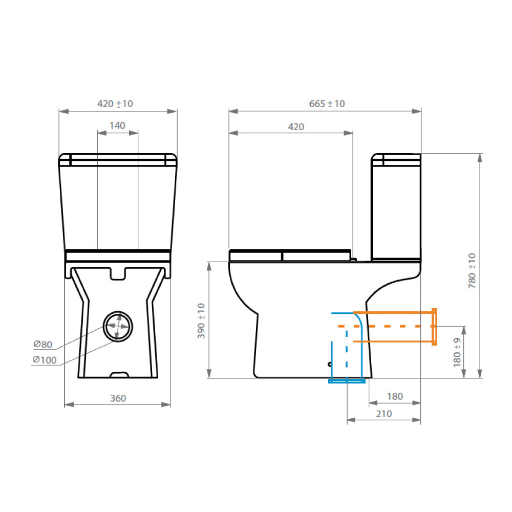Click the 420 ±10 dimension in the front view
[x=115, y=104]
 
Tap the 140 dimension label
[x=117, y=126]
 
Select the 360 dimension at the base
[x=117, y=398]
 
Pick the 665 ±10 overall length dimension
[x=327, y=104]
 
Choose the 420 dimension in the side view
[x=295, y=127]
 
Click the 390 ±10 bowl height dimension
[x=201, y=321]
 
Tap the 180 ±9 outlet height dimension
[x=457, y=352]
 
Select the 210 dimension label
[x=383, y=414]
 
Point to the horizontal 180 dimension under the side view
[x=394, y=396]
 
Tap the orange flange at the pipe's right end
[x=435, y=327]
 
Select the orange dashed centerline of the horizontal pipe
[x=384, y=326]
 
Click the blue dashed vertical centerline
[x=347, y=353]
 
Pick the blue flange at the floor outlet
[x=347, y=381]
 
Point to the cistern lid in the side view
[x=396, y=160]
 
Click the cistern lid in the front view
[x=118, y=160]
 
